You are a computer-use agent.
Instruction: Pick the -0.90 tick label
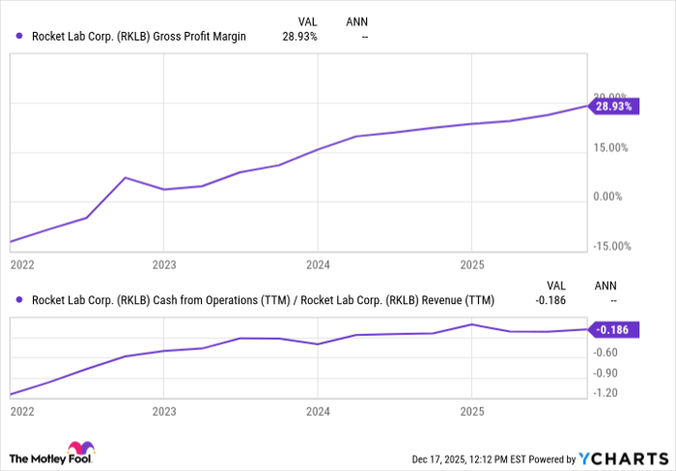tap(606, 373)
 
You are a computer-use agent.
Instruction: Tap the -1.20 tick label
tap(606, 393)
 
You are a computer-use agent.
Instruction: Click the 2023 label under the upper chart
tap(164, 263)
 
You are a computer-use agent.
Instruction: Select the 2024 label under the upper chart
tap(318, 263)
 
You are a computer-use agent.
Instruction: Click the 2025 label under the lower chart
tap(471, 411)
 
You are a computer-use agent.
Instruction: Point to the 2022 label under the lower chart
tap(21, 411)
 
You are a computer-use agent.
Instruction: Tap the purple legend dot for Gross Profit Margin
tap(20, 37)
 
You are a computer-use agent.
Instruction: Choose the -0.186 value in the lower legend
tap(549, 300)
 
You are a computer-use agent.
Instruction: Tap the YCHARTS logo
tap(626, 458)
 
